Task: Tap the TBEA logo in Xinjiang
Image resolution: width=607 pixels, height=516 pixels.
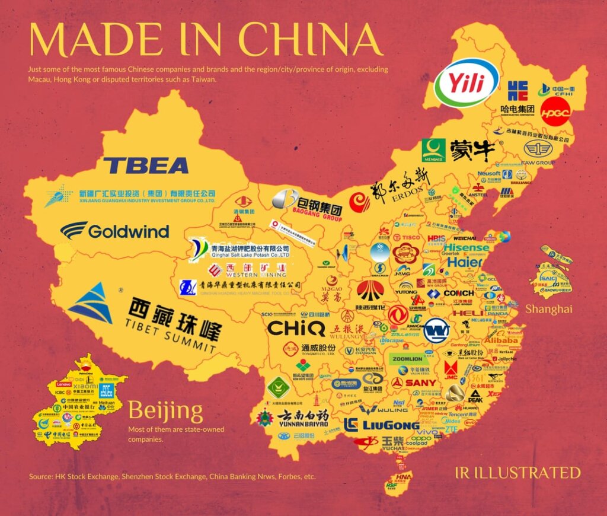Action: (145, 165)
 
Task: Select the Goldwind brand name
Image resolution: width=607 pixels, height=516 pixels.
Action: (115, 231)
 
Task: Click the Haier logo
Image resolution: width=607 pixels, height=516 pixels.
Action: (465, 262)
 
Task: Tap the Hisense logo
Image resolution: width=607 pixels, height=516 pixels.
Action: (467, 248)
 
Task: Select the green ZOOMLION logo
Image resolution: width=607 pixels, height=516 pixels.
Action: (406, 359)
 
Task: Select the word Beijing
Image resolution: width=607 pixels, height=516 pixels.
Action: (165, 410)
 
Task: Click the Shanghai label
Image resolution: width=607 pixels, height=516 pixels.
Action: (548, 309)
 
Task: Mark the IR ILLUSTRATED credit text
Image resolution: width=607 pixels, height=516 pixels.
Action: (513, 473)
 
